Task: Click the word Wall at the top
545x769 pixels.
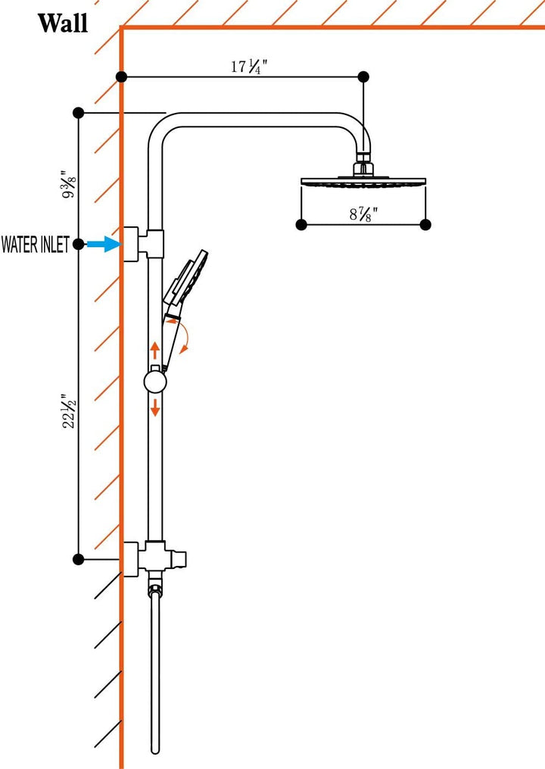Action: click(x=63, y=23)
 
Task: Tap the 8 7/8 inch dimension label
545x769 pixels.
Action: click(x=363, y=214)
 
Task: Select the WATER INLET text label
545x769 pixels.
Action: click(x=35, y=245)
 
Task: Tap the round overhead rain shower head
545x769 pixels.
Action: click(x=363, y=181)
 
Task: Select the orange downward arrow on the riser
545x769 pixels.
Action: click(x=154, y=406)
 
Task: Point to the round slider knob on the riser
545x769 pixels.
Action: click(x=154, y=381)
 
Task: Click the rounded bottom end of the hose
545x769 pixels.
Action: click(x=155, y=749)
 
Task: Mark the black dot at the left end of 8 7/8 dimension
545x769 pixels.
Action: click(x=301, y=224)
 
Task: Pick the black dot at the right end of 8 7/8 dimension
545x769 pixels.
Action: click(x=425, y=224)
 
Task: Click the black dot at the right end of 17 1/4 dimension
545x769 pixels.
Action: click(x=363, y=77)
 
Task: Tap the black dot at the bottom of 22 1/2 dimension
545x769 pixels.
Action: click(x=78, y=559)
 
